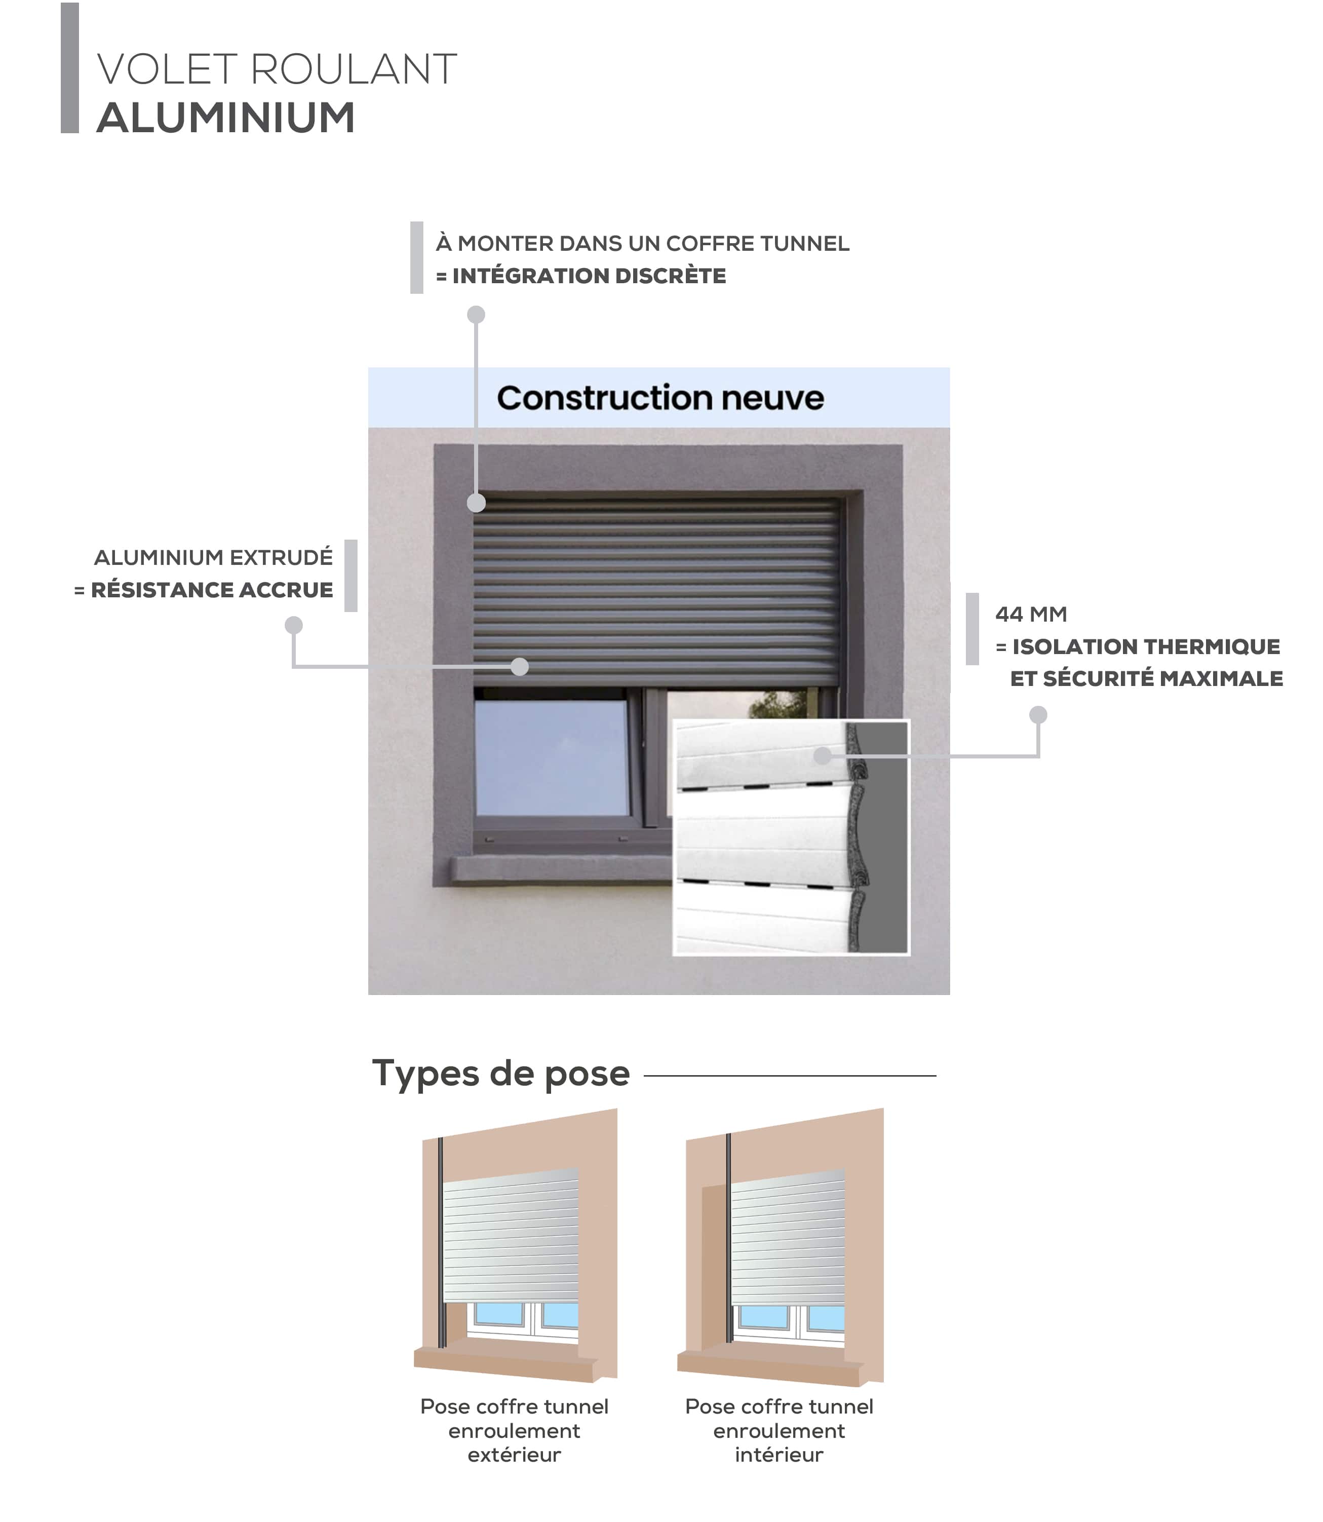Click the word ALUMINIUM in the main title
(226, 118)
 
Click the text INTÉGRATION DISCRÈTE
(589, 276)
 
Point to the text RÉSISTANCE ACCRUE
(211, 590)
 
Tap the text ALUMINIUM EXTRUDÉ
(213, 557)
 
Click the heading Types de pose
(500, 1074)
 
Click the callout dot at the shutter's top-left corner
(476, 504)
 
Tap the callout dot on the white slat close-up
(823, 755)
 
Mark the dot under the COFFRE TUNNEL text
(476, 315)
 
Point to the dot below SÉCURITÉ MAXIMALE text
(1038, 715)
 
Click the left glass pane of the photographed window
(551, 757)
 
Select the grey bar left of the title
(69, 68)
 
